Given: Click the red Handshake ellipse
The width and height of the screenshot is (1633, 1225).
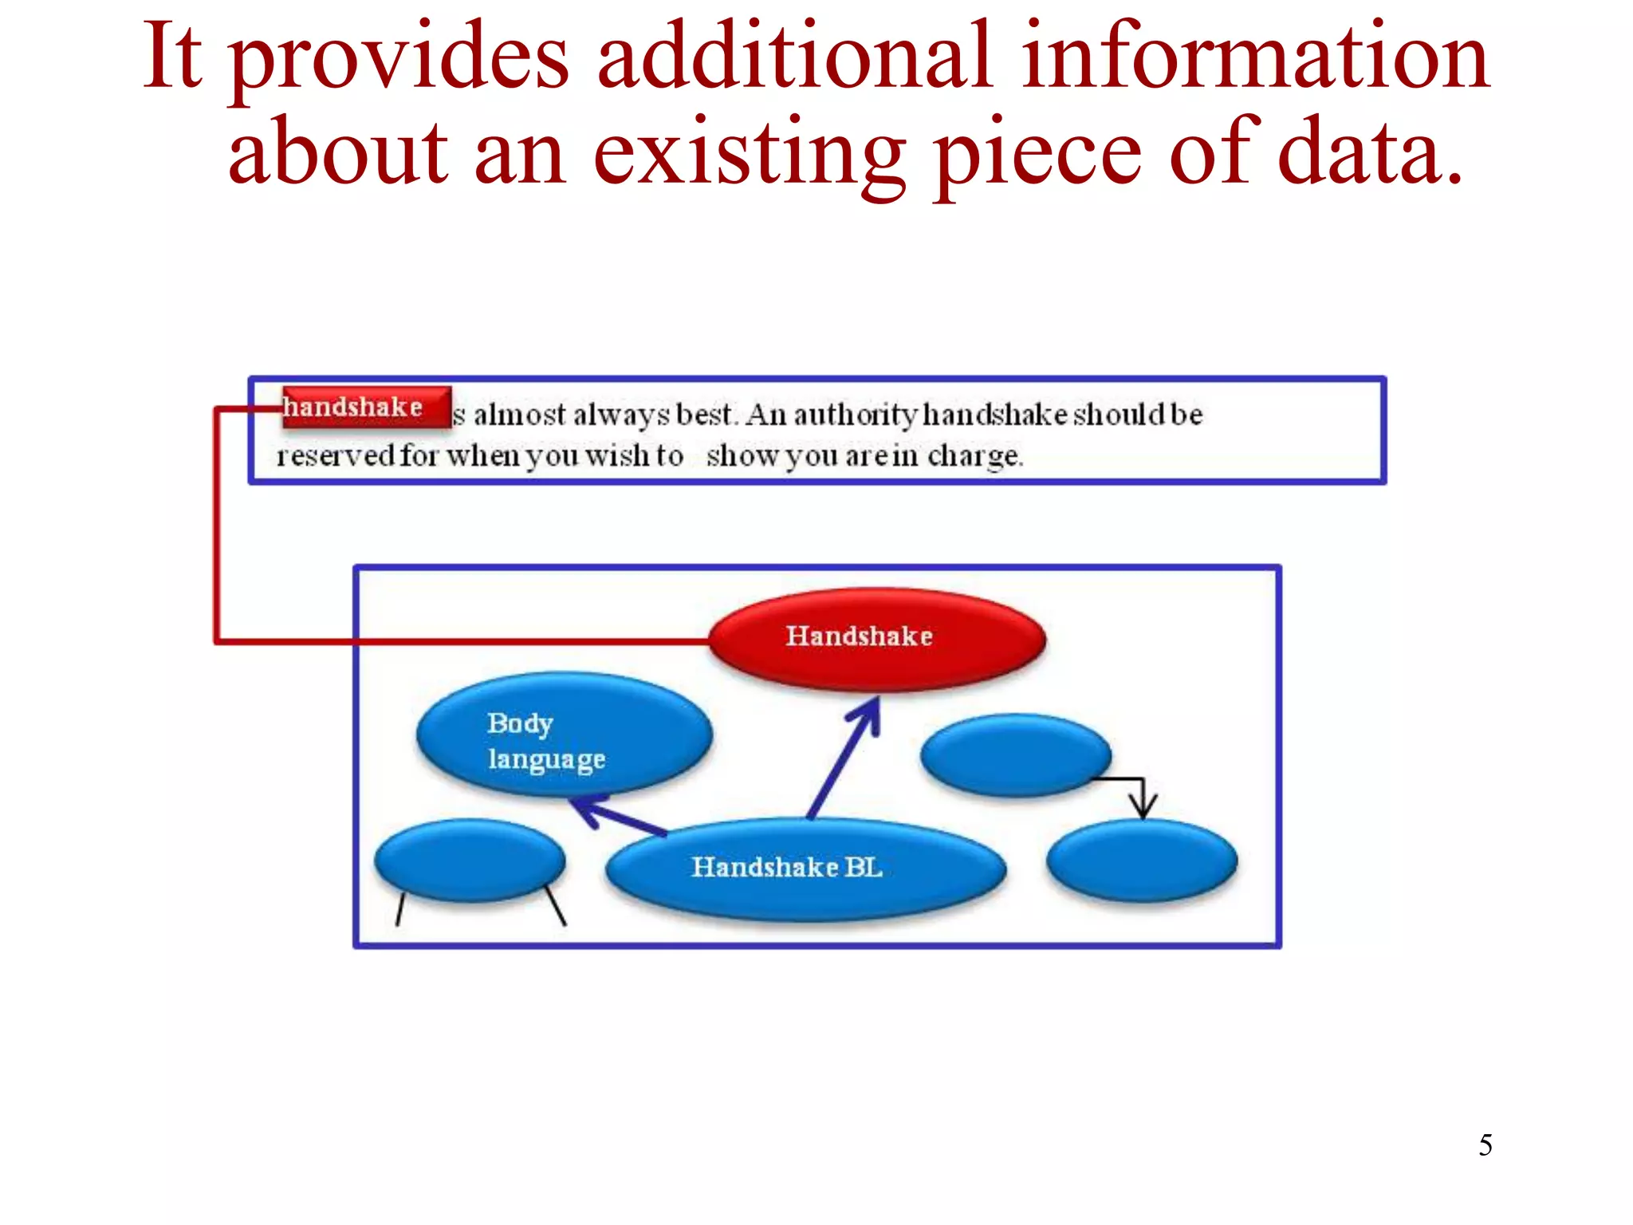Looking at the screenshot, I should click(x=877, y=638).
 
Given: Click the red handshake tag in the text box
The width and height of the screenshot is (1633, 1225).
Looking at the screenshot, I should click(x=366, y=408).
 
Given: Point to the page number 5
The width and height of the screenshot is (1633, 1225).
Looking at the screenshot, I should click(x=1485, y=1145).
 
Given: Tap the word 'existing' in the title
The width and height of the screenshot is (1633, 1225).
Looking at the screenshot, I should click(x=750, y=153).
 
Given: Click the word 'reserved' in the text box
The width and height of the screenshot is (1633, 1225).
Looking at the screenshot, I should click(x=335, y=456).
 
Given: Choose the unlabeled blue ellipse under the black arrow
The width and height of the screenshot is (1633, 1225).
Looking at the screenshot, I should click(x=1142, y=861).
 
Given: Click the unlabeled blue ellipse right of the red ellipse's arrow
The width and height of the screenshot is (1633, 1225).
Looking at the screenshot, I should click(x=1015, y=754).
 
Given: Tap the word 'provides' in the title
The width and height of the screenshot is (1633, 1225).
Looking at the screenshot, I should click(x=399, y=57).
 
